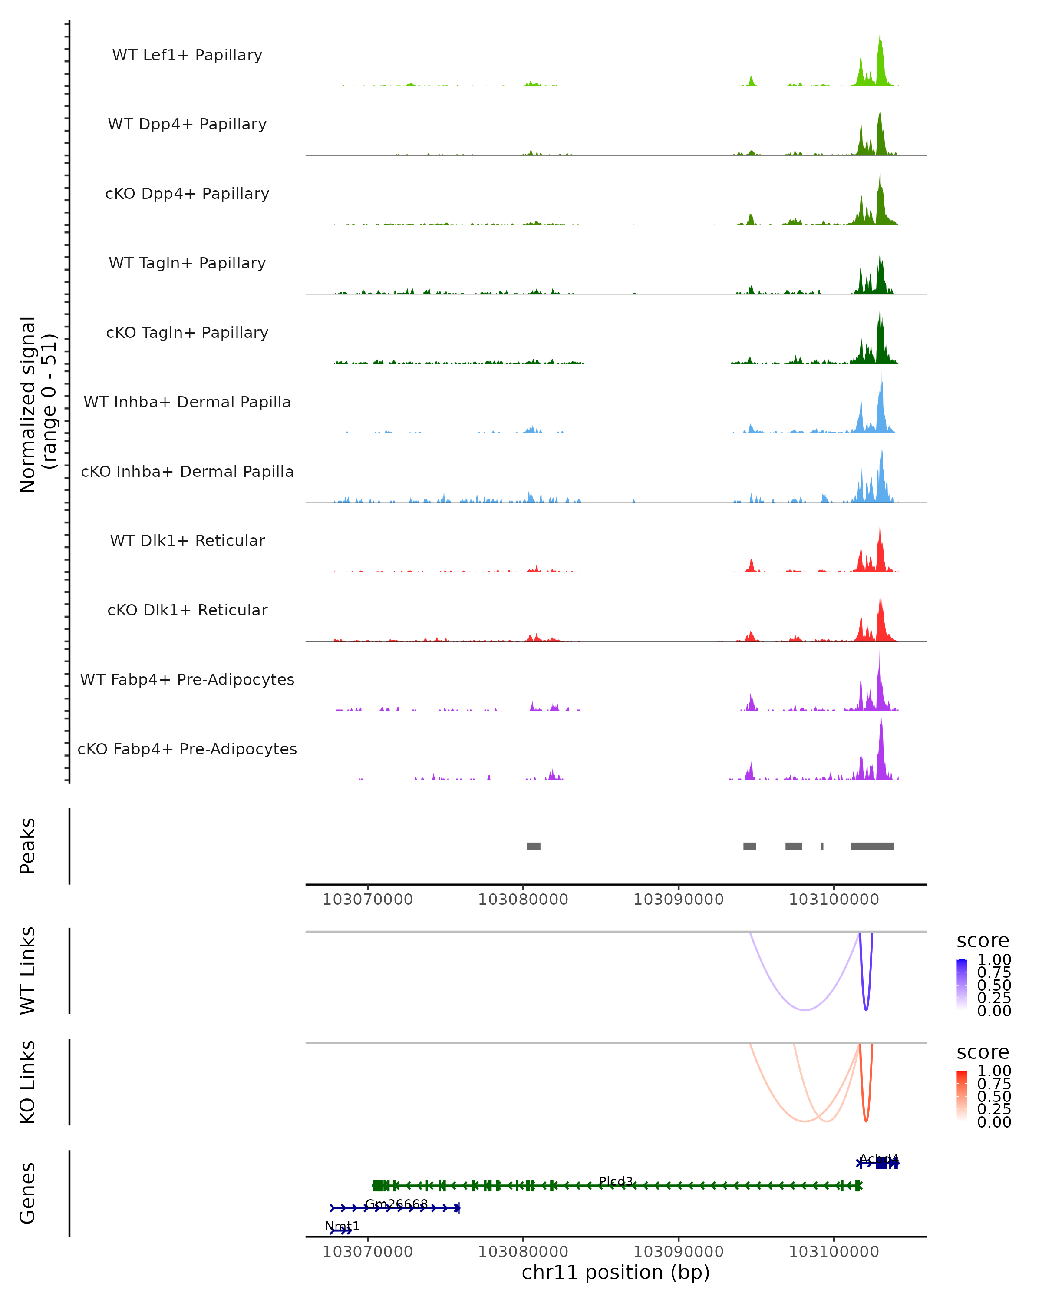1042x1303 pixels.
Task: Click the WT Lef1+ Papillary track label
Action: pyautogui.click(x=187, y=55)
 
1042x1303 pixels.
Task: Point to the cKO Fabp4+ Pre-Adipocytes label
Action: pyautogui.click(x=187, y=749)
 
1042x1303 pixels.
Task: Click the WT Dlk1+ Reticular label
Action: pyautogui.click(x=187, y=540)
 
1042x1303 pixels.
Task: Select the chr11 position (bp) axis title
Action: pyautogui.click(x=616, y=1272)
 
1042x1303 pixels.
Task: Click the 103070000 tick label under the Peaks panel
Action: pyautogui.click(x=367, y=900)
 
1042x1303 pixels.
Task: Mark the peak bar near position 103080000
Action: pyautogui.click(x=534, y=846)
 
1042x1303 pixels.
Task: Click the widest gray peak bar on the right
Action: pyautogui.click(x=872, y=846)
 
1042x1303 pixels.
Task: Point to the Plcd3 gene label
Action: pyautogui.click(x=616, y=1181)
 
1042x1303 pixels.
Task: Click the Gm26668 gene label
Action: pyautogui.click(x=396, y=1204)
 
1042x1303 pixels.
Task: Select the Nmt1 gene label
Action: pyautogui.click(x=342, y=1226)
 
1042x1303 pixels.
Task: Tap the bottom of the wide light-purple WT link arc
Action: pyautogui.click(x=805, y=1010)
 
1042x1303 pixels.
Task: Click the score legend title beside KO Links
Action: pyautogui.click(x=983, y=1052)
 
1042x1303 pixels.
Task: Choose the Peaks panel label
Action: pyautogui.click(x=28, y=846)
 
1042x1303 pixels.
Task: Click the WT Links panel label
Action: pyautogui.click(x=28, y=971)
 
